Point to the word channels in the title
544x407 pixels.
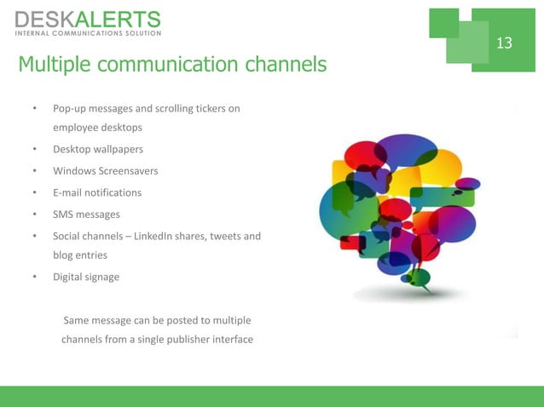tap(286, 65)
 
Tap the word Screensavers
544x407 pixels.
tap(126, 171)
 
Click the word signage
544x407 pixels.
tap(101, 277)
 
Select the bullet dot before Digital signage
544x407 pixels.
tap(34, 277)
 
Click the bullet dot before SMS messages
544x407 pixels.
tap(34, 214)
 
